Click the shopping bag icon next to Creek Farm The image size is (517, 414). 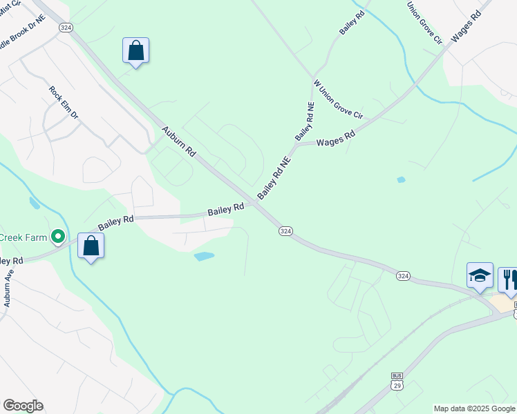pos(91,246)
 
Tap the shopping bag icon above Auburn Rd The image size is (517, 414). pos(135,51)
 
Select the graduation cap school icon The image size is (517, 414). pos(480,276)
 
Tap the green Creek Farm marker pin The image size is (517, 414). pos(58,237)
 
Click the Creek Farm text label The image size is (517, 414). pos(23,237)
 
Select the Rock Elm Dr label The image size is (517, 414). pos(64,102)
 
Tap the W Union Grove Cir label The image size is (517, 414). pos(338,99)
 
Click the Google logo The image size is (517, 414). pos(23,406)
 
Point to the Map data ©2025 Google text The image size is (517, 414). pos(474,408)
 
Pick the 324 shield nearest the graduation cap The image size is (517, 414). pos(404,275)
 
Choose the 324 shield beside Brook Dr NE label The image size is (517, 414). pos(66,27)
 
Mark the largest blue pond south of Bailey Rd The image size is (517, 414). pos(204,257)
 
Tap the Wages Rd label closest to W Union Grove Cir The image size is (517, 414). pos(336,139)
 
